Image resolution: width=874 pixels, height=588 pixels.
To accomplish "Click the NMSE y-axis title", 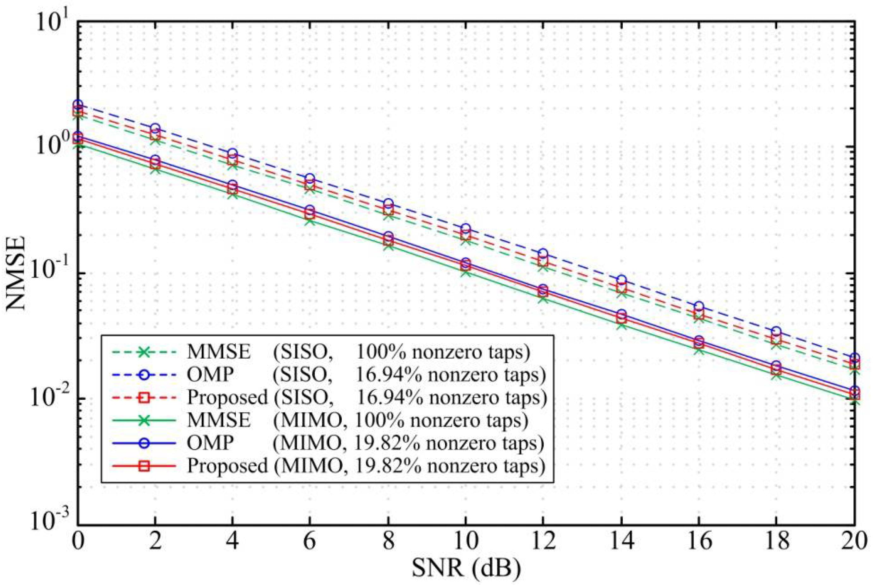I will click(16, 273).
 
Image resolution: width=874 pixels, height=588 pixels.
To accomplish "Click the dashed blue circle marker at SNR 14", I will click(621, 280).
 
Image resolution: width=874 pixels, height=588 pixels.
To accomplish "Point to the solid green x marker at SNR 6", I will click(310, 221).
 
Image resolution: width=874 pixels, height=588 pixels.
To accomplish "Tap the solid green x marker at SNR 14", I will click(621, 325).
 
